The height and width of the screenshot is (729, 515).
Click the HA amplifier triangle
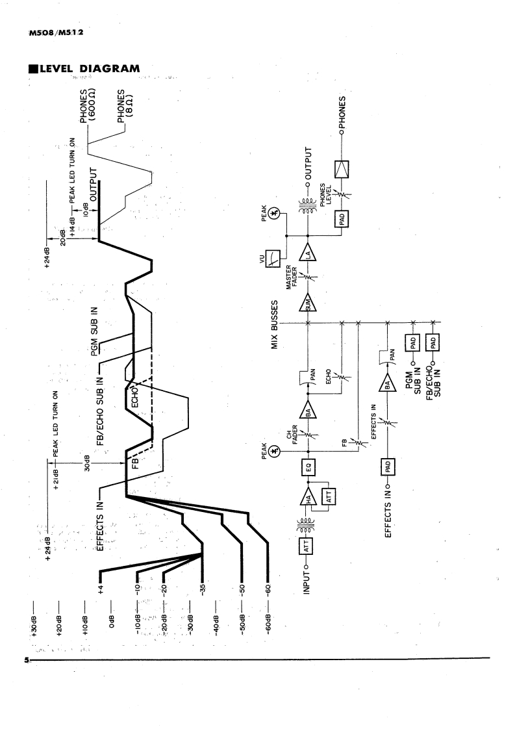pyautogui.click(x=308, y=498)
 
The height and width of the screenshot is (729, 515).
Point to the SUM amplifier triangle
pyautogui.click(x=308, y=303)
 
